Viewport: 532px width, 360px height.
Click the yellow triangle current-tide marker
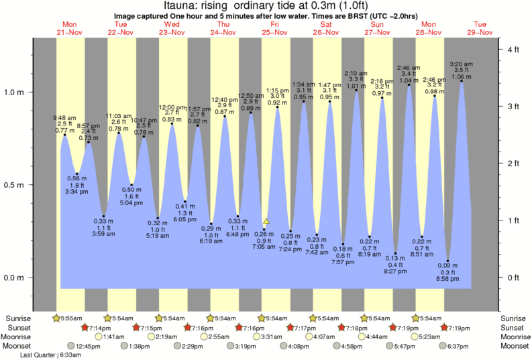coord(266,221)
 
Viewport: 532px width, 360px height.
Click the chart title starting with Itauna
coord(266,6)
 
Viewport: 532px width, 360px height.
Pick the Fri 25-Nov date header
coord(275,28)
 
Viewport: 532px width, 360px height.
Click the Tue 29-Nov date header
coord(481,28)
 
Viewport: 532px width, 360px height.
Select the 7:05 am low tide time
coord(264,247)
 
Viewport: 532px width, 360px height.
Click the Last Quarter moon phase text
coord(51,355)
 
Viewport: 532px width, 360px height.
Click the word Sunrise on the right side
coord(515,318)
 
